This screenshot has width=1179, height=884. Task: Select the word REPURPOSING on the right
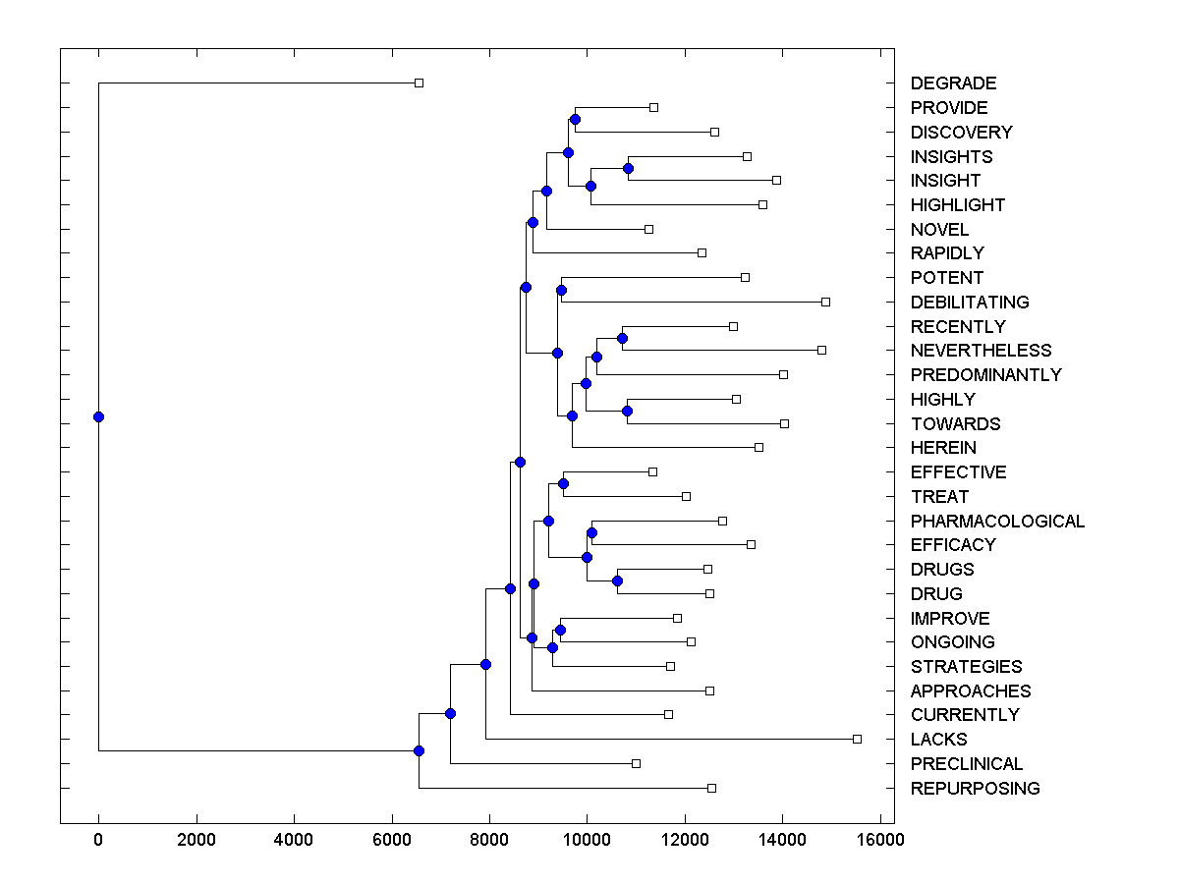point(975,789)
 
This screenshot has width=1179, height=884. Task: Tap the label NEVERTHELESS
point(981,351)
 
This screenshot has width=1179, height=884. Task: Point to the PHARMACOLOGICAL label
point(997,522)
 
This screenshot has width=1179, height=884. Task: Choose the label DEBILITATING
point(970,302)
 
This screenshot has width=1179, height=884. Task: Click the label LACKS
point(938,740)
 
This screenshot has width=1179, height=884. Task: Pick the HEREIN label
point(943,448)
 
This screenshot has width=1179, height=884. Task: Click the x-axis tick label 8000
point(489,840)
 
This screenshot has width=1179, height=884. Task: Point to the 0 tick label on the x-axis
point(98,840)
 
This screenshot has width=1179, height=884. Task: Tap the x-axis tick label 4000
point(294,840)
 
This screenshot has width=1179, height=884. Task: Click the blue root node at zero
point(98,416)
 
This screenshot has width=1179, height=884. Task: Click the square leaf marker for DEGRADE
point(419,83)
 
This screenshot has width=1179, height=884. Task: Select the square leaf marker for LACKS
point(857,739)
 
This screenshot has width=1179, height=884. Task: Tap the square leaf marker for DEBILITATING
point(825,302)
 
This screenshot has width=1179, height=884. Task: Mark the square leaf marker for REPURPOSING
point(712,788)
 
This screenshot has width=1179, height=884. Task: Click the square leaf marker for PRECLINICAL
point(636,763)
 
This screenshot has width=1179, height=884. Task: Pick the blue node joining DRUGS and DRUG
point(617,580)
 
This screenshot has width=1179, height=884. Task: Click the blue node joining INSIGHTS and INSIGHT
point(628,169)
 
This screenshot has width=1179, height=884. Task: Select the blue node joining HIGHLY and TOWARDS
point(627,411)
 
